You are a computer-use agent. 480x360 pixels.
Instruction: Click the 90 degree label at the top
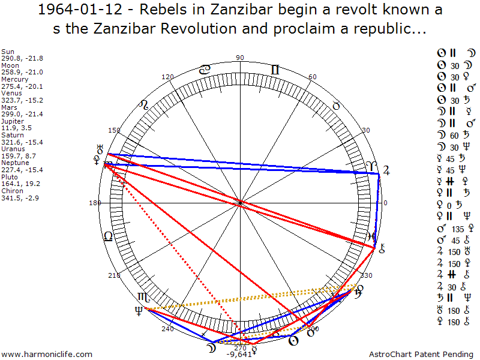coord(240,58)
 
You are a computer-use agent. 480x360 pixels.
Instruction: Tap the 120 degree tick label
coord(168,77)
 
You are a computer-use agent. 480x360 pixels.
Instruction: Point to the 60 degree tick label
coord(312,77)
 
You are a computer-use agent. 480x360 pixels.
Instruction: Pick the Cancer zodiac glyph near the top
coord(205,70)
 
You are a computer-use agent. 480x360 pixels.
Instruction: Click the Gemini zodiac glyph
coord(275,70)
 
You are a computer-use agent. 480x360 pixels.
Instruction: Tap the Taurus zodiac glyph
coord(336,106)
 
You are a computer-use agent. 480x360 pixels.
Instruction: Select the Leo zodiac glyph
coord(143,105)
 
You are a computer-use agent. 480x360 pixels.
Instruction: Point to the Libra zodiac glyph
coord(108,236)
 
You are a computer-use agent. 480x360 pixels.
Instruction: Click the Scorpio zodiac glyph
coord(144,297)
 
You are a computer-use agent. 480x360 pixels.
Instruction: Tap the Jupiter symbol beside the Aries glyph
coord(386,170)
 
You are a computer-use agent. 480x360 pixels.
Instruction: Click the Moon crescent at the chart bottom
coord(209,347)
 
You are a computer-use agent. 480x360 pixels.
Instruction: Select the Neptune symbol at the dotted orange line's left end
coord(139,310)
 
